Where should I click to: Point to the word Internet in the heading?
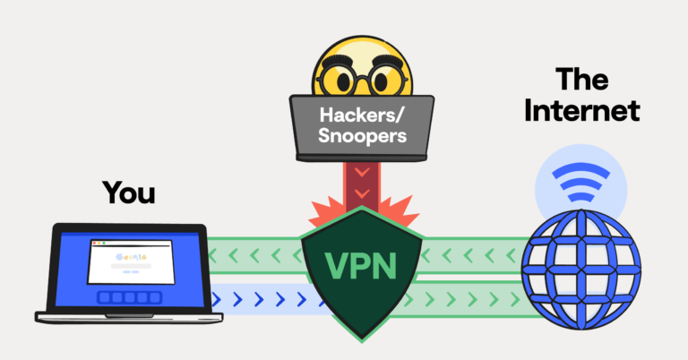(x=582, y=112)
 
